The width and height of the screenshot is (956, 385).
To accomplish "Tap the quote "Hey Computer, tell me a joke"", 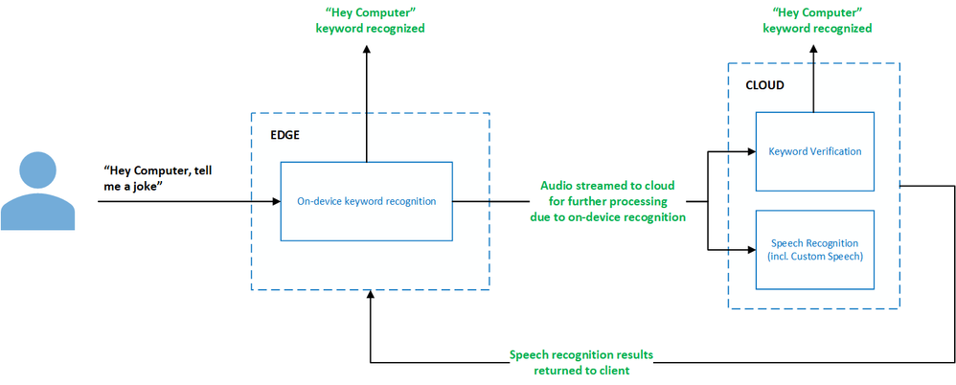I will point(159,177).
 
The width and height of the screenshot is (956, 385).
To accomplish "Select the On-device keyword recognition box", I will point(366,201).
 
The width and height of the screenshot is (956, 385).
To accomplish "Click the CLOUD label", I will point(764,85).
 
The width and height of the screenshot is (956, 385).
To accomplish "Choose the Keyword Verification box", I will point(814,151).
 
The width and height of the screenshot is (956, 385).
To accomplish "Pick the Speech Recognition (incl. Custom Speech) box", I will point(814,249).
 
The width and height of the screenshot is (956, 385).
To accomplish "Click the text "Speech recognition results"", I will point(581,354).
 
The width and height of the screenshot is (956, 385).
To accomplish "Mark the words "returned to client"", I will point(581,371).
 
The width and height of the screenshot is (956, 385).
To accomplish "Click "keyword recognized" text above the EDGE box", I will point(370,29).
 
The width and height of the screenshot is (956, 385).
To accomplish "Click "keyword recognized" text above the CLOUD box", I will point(817,29).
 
